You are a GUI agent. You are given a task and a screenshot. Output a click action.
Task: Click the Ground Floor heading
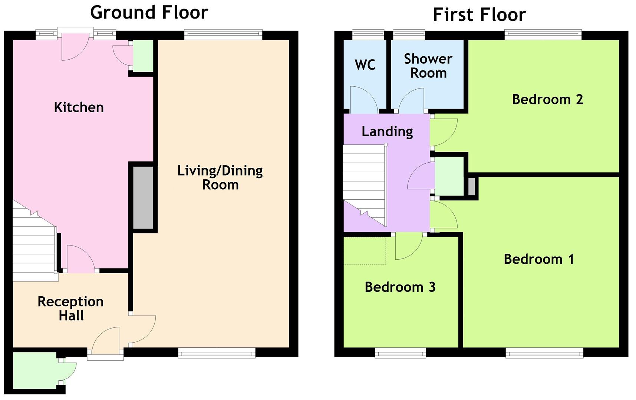pyautogui.click(x=149, y=13)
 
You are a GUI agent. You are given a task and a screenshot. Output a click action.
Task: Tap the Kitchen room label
pyautogui.click(x=79, y=107)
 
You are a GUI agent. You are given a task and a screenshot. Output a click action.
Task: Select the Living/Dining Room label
pyautogui.click(x=220, y=177)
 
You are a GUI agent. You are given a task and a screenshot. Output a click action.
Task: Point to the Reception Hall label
pyautogui.click(x=70, y=309)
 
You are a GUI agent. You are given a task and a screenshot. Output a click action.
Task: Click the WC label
pyautogui.click(x=365, y=65)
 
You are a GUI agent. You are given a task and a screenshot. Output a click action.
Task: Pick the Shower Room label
pyautogui.click(x=428, y=66)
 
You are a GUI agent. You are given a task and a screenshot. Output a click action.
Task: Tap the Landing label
pyautogui.click(x=387, y=131)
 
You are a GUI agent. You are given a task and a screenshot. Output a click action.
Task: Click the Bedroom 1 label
pyautogui.click(x=538, y=259)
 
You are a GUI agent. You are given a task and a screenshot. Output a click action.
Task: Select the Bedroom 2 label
pyautogui.click(x=547, y=99)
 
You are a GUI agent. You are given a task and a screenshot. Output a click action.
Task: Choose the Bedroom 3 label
pyautogui.click(x=400, y=287)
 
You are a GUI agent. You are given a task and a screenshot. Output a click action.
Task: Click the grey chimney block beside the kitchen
pyautogui.click(x=143, y=197)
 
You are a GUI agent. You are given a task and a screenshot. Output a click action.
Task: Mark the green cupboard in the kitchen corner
pyautogui.click(x=143, y=56)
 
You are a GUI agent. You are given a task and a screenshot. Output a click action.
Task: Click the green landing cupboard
pyautogui.click(x=449, y=176)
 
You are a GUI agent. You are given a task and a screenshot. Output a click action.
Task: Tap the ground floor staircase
pyautogui.click(x=33, y=244)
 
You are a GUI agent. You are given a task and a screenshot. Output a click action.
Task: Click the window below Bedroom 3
pyautogui.click(x=400, y=353)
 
